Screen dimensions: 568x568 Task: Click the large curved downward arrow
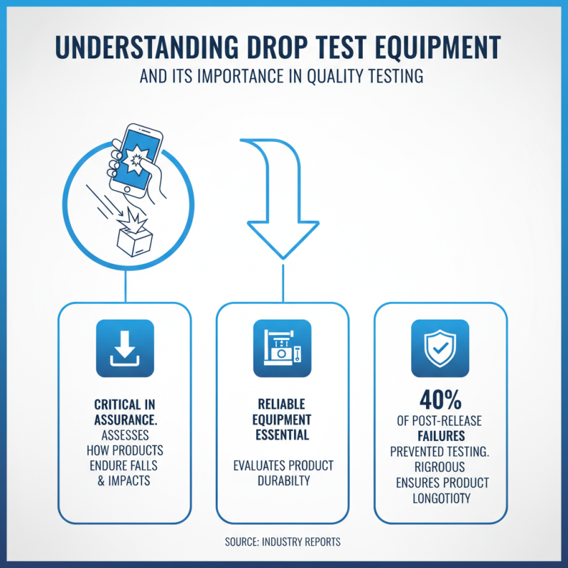tap(283, 206)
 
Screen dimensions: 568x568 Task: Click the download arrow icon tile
tap(125, 348)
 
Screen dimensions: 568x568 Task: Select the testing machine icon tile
tap(282, 348)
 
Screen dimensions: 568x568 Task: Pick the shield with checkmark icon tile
tap(440, 348)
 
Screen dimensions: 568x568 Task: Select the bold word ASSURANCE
tap(125, 420)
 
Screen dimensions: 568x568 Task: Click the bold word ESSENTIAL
tap(283, 435)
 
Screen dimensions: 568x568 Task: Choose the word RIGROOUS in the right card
tap(440, 467)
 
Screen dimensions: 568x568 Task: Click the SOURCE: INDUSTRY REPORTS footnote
tap(283, 542)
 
